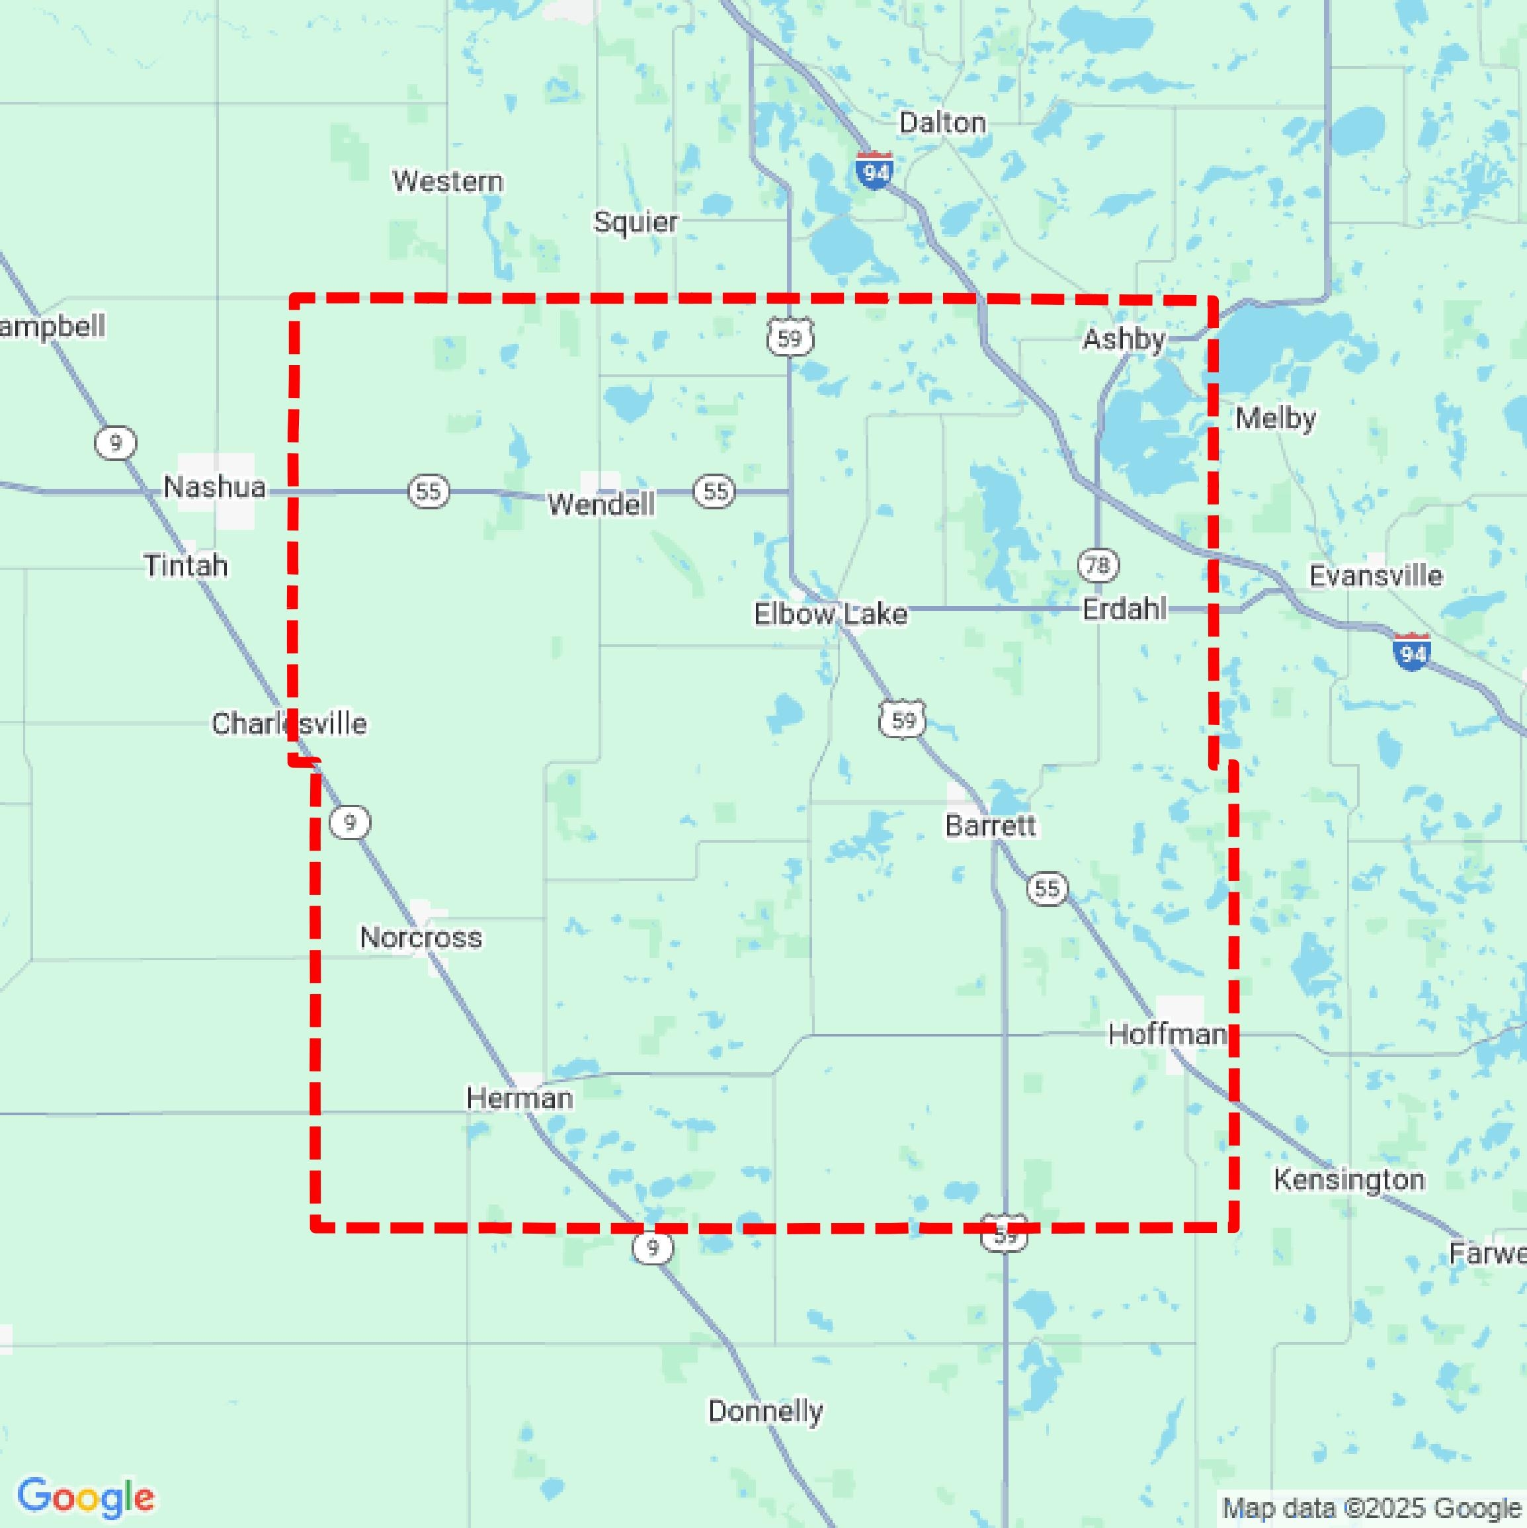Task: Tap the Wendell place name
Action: [x=601, y=504]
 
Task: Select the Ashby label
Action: [x=1124, y=339]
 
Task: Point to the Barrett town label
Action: [x=990, y=826]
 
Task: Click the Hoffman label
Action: [x=1167, y=1034]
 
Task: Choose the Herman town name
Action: [x=520, y=1098]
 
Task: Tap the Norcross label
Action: [x=421, y=938]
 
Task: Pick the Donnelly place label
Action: [x=764, y=1411]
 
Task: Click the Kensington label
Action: [x=1349, y=1180]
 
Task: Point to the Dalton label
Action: [x=942, y=122]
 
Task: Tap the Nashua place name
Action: [x=214, y=486]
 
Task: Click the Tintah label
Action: [x=186, y=566]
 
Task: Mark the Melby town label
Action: [x=1276, y=418]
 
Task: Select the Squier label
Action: [x=636, y=222]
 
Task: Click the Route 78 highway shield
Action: [x=1098, y=565]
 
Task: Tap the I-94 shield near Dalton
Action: [x=875, y=170]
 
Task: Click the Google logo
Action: [x=85, y=1497]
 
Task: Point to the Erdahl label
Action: [x=1124, y=610]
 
